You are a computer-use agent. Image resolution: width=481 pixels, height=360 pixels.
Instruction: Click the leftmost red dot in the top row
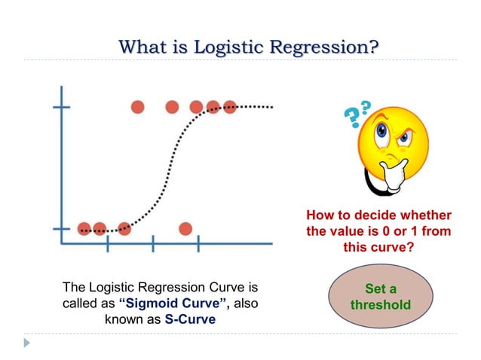[137, 107]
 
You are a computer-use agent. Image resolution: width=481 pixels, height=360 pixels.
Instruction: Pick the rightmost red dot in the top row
[229, 107]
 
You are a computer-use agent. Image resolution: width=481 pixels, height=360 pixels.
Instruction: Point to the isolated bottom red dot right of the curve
[185, 228]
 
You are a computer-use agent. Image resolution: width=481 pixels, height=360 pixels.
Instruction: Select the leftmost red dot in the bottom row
[84, 228]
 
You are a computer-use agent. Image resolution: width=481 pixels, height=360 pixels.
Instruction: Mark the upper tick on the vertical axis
[61, 107]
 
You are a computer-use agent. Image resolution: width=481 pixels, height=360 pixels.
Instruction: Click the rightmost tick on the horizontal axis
[198, 243]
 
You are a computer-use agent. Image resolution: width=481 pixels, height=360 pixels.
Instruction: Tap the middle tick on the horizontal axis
[153, 243]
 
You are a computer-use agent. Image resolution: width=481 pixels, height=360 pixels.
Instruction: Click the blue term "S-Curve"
[189, 319]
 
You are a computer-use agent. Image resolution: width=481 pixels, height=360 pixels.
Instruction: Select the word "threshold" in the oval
[381, 306]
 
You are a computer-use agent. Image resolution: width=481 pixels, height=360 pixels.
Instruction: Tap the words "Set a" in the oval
[381, 289]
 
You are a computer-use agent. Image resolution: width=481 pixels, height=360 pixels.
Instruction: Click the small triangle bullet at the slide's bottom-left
[28, 343]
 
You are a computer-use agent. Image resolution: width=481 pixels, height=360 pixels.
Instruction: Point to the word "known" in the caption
[118, 319]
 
